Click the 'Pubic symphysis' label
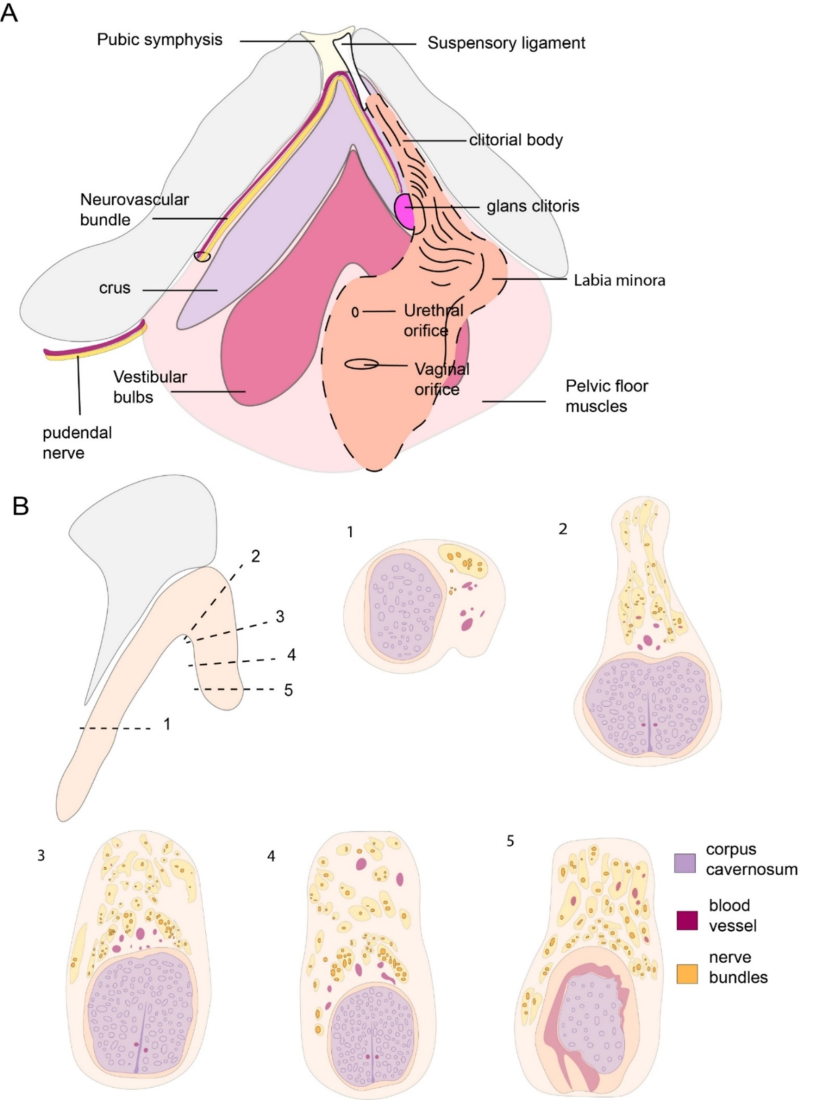159,39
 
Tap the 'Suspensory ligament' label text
505,43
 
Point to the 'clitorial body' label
516,140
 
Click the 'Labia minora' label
619,280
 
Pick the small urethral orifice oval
355,312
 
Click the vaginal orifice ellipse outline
361,364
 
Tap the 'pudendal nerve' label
77,443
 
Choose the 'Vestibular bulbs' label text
150,387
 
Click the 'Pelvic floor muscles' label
606,396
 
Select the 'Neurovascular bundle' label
133,209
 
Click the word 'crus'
114,288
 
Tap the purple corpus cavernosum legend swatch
685,862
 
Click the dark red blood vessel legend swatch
687,920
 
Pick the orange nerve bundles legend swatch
687,973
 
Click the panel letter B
21,506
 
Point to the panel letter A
9,13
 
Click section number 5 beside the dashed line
288,690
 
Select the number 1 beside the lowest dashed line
167,724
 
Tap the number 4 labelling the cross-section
271,856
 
